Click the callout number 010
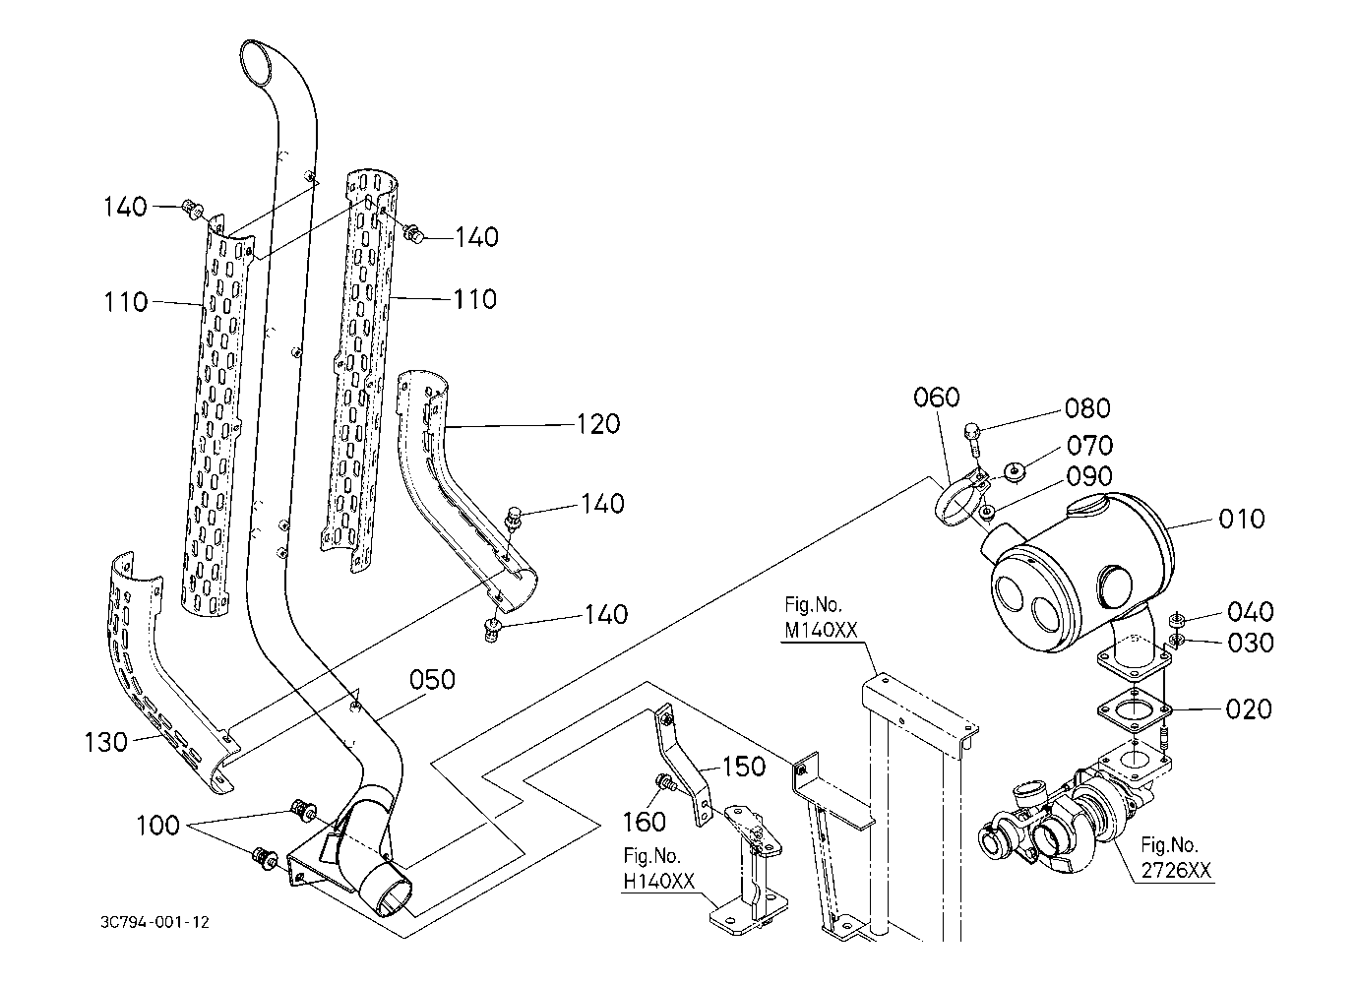click(x=1241, y=519)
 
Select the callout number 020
click(x=1249, y=708)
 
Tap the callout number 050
click(x=432, y=679)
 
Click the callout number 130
click(x=106, y=742)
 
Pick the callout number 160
click(x=645, y=820)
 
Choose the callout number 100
click(x=158, y=824)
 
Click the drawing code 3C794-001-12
click(x=154, y=922)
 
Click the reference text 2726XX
click(x=1177, y=870)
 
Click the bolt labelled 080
click(x=973, y=434)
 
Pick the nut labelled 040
click(x=1175, y=620)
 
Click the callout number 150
click(x=744, y=766)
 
